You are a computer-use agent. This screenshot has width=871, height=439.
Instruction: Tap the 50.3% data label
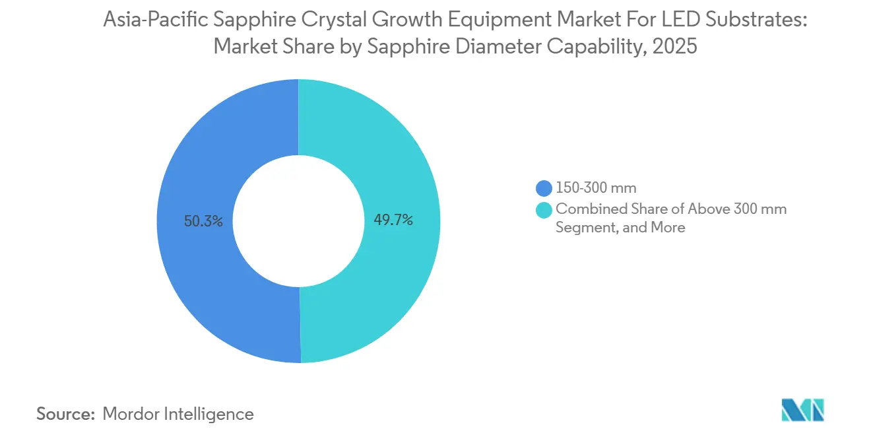pyautogui.click(x=203, y=221)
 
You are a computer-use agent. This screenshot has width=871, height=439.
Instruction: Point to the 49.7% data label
pyautogui.click(x=393, y=220)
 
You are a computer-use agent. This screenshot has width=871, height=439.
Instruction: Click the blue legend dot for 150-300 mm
pyautogui.click(x=544, y=189)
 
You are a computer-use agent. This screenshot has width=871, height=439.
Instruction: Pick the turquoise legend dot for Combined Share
pyautogui.click(x=544, y=210)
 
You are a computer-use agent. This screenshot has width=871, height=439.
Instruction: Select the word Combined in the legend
pyautogui.click(x=585, y=209)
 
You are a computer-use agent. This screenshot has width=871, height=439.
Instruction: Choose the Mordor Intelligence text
pyautogui.click(x=178, y=414)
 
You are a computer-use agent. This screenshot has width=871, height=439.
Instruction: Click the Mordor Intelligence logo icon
pyautogui.click(x=802, y=410)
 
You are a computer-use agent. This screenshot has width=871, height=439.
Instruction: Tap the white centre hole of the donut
pyautogui.click(x=298, y=221)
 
